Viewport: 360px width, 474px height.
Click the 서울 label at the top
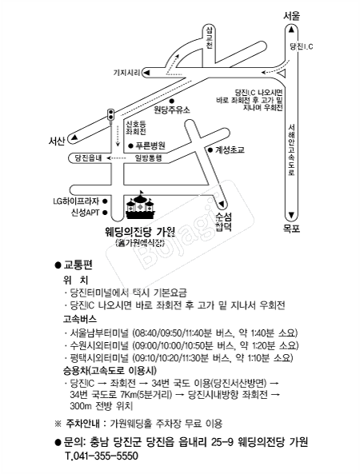click(x=292, y=16)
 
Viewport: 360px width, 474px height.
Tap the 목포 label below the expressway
click(x=292, y=229)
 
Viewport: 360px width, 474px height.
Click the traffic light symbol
click(x=110, y=116)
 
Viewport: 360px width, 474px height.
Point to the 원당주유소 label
click(x=172, y=110)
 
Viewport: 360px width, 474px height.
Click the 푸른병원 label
click(x=150, y=145)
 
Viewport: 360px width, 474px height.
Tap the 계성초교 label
click(x=230, y=150)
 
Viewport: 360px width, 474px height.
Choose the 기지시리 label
click(x=126, y=73)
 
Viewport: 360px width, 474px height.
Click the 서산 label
click(x=57, y=141)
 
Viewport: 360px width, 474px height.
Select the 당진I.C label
click(x=302, y=46)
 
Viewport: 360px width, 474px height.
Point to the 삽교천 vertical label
click(x=210, y=38)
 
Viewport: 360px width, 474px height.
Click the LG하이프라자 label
click(x=76, y=201)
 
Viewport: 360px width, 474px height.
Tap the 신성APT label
click(x=86, y=213)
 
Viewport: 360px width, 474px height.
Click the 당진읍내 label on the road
click(x=88, y=157)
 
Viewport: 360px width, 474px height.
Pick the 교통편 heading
click(x=78, y=265)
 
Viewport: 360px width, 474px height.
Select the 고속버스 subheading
click(x=79, y=319)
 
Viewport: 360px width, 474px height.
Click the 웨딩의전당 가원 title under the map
click(x=140, y=232)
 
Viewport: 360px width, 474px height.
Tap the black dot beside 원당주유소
click(x=171, y=101)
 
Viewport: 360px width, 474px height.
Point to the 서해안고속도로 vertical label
click(x=292, y=150)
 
